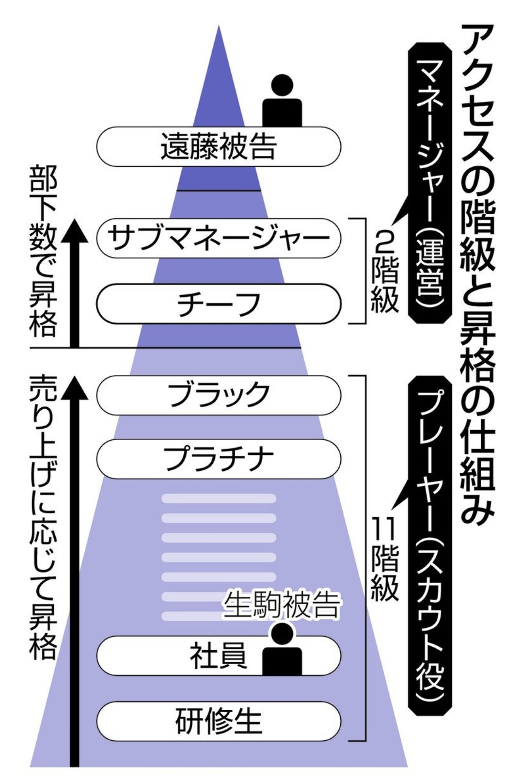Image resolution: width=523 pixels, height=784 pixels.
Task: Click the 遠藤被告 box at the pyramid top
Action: [218, 146]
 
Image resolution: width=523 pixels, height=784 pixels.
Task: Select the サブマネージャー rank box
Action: [218, 238]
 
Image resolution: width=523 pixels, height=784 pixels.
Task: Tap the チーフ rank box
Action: [218, 304]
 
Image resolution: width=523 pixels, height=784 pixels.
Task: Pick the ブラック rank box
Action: [218, 395]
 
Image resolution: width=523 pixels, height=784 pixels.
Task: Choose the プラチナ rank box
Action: [218, 459]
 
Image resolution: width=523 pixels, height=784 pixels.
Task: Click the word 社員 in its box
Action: [218, 656]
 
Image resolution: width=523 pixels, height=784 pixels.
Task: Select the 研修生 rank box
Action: [218, 720]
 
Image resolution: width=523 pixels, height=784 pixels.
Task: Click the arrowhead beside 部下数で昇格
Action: [74, 230]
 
